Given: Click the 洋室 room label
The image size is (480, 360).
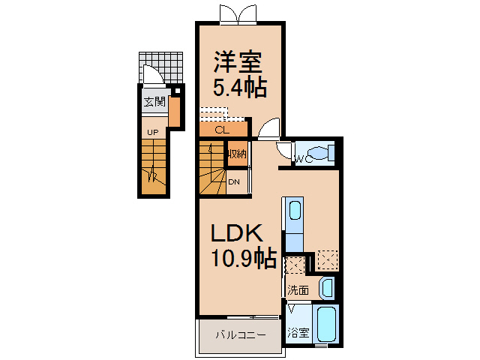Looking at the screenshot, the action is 238,63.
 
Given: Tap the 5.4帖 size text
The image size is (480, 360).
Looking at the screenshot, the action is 240,88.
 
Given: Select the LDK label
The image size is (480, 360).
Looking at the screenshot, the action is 237,233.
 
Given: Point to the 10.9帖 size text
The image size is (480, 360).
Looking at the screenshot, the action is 244,257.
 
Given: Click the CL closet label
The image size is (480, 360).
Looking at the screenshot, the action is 222,130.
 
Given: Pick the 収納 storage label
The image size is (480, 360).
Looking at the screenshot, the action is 237,153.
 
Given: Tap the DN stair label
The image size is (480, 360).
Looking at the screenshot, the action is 234,182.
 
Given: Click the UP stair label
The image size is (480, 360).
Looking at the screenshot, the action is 153,133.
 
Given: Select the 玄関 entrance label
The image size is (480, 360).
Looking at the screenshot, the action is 154,102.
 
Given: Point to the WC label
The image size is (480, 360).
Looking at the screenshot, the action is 303,159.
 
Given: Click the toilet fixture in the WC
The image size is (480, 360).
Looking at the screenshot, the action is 320,152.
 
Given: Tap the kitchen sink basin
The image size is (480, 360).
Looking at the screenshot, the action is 295,210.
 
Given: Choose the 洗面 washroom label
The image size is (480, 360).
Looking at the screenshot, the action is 298,290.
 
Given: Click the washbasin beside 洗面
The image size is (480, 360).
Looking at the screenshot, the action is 326,288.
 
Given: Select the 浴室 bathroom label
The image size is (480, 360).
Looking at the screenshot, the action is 298,332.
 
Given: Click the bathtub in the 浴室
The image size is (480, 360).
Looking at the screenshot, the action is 327,324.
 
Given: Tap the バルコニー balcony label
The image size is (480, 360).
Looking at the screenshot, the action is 241,335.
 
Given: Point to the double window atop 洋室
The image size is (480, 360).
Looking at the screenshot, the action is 238,15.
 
